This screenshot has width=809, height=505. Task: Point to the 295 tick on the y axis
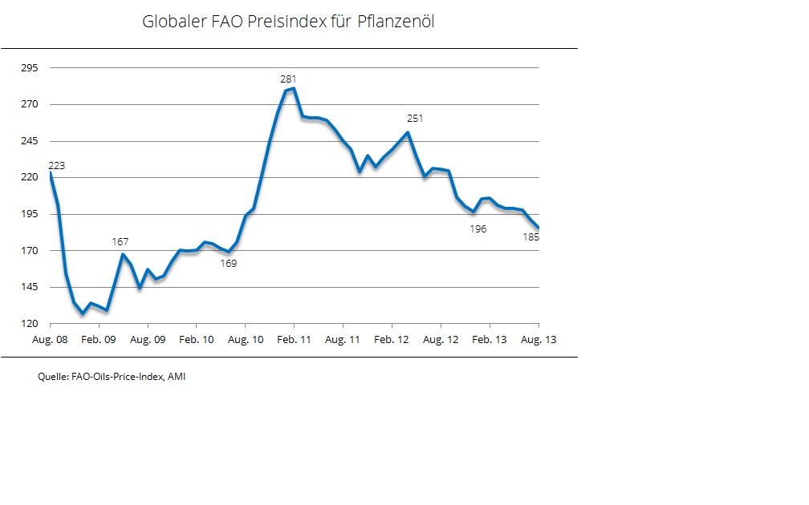(29, 68)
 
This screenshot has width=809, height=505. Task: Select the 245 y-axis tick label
(29, 141)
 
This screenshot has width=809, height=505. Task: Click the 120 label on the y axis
(29, 324)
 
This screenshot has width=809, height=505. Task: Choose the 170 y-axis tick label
(29, 251)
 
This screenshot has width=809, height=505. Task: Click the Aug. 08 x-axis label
(50, 340)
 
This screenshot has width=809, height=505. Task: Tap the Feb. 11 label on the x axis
(294, 340)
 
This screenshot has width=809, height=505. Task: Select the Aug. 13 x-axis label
(539, 340)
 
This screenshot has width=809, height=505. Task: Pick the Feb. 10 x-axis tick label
(196, 340)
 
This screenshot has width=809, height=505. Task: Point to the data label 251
(414, 119)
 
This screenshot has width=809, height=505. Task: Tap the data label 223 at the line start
(56, 166)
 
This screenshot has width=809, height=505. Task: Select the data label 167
(120, 241)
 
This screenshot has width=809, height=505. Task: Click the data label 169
(229, 263)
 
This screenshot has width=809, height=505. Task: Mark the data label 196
(478, 229)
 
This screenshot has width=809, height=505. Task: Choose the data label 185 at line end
(531, 237)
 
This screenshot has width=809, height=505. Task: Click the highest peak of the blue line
(295, 88)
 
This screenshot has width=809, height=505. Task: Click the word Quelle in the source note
(52, 376)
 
